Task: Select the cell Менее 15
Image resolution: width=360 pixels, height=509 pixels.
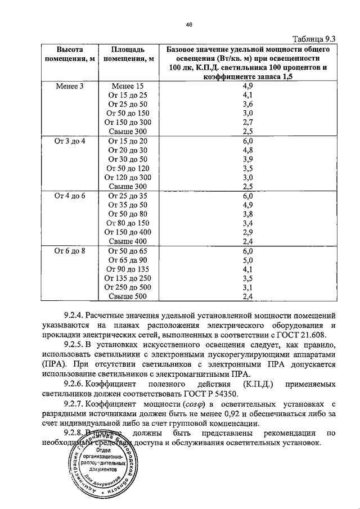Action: pyautogui.click(x=128, y=86)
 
